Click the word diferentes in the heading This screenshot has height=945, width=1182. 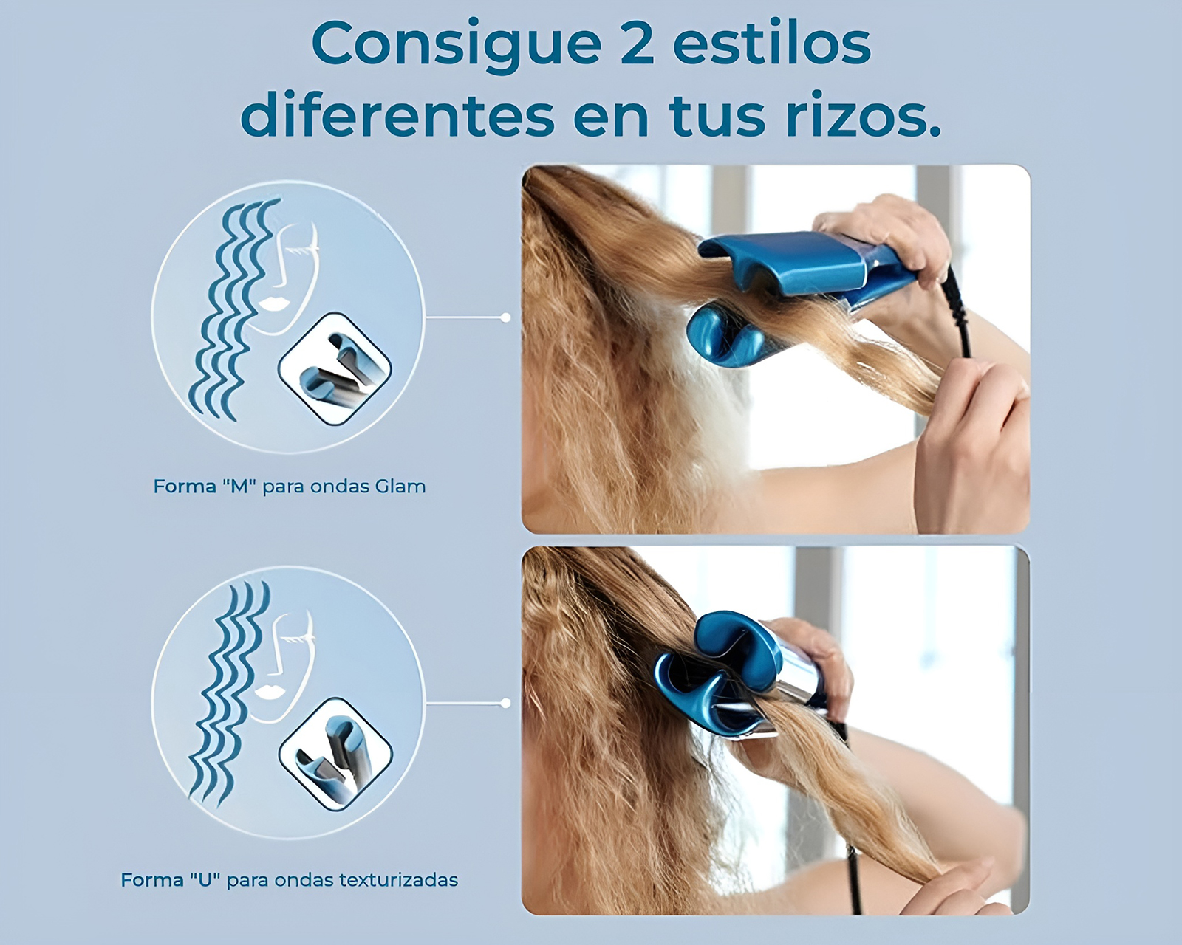[x=397, y=116]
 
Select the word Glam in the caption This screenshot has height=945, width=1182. [x=400, y=487]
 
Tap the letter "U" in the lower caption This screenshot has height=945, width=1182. [x=205, y=880]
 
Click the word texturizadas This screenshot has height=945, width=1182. [x=398, y=880]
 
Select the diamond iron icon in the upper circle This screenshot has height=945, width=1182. [x=335, y=368]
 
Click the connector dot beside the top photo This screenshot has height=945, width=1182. [x=505, y=317]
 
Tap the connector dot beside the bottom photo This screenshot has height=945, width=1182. [x=505, y=704]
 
